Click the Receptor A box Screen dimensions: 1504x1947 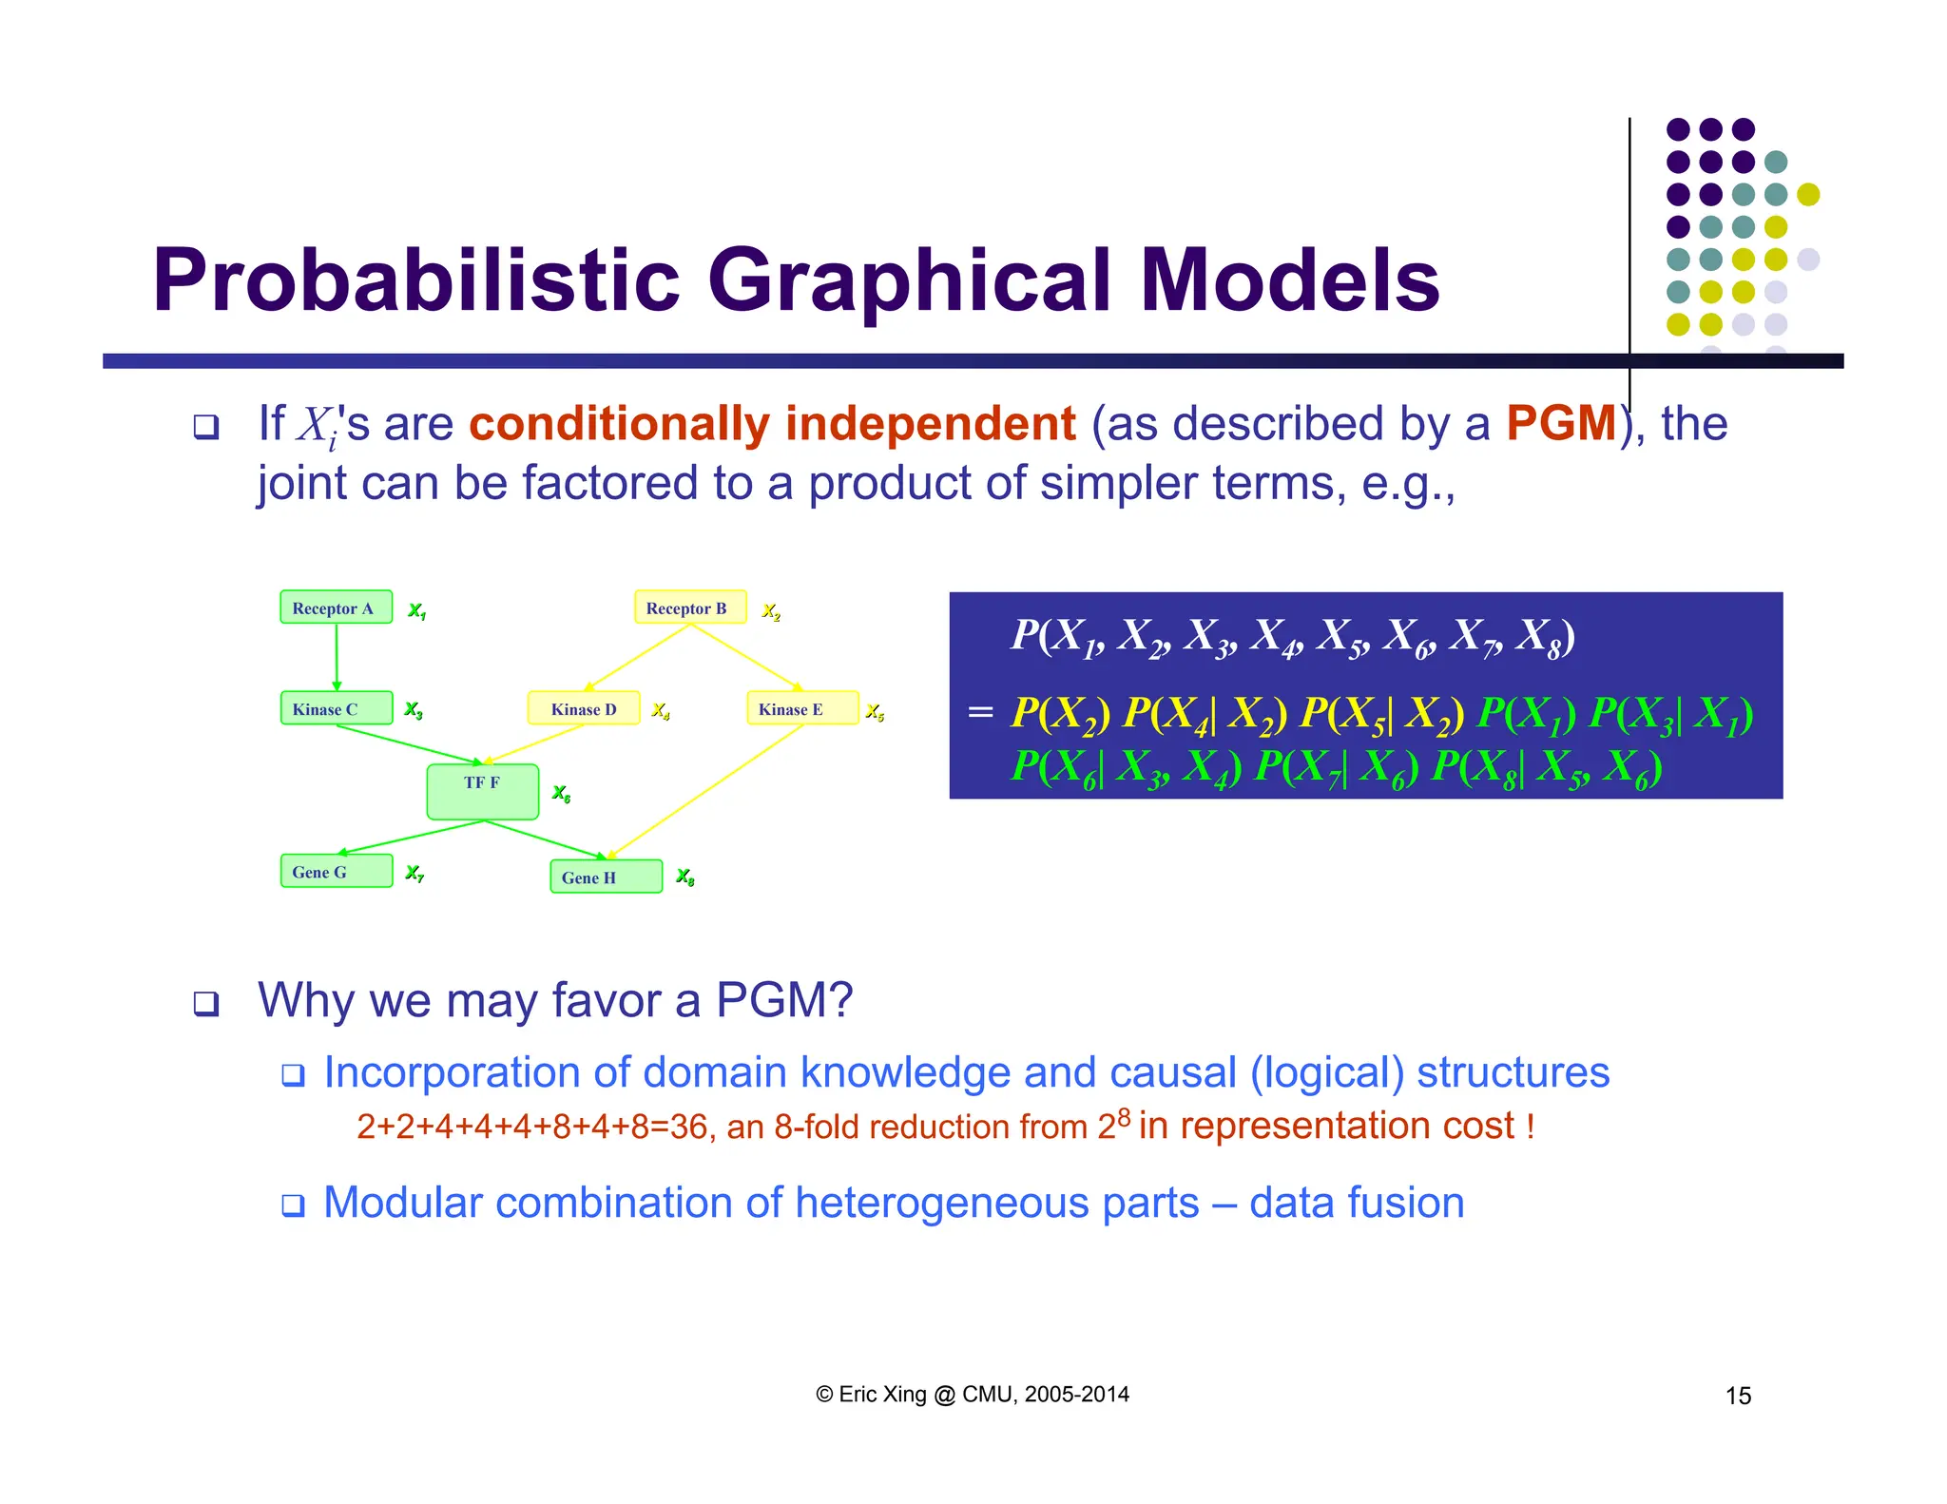[336, 607]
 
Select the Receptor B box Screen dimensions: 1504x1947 [689, 607]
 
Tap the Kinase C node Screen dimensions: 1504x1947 [336, 708]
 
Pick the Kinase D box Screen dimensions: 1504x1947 [583, 708]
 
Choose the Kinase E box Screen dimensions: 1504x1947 [801, 708]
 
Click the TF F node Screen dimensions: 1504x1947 [482, 791]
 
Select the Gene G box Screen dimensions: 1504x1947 [336, 871]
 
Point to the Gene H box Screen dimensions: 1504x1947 [606, 877]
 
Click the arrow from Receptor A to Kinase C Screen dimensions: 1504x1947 [337, 656]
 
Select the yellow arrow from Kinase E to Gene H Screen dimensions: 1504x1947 [708, 789]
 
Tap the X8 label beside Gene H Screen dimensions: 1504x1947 [685, 877]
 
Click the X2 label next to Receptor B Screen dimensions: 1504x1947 [771, 611]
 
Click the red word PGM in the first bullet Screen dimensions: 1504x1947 [1561, 424]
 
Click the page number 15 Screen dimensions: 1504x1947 [1738, 1396]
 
